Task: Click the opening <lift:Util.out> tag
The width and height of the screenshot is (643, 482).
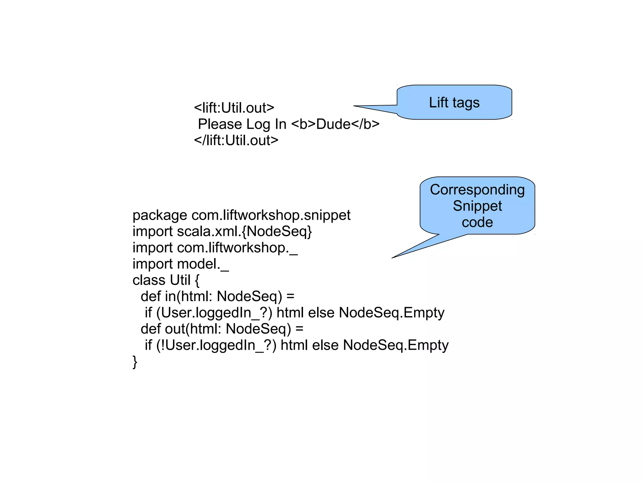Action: (x=234, y=108)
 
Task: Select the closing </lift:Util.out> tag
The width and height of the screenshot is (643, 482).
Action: (x=236, y=140)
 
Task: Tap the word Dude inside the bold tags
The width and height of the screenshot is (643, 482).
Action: (x=333, y=124)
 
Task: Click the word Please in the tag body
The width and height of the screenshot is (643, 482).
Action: (x=220, y=124)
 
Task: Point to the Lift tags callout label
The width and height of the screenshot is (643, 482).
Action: (x=454, y=103)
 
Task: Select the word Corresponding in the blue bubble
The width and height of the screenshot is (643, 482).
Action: (x=477, y=190)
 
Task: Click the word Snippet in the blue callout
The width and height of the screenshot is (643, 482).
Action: (x=477, y=206)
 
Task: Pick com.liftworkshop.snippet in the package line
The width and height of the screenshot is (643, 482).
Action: (x=271, y=215)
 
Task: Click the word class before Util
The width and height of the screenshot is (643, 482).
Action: (x=149, y=280)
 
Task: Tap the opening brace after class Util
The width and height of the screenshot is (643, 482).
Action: (x=197, y=280)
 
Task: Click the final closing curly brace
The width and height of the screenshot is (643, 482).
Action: (x=135, y=362)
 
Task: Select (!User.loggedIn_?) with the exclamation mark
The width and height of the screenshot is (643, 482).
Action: (x=216, y=345)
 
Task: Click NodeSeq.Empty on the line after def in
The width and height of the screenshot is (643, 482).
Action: (x=392, y=313)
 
